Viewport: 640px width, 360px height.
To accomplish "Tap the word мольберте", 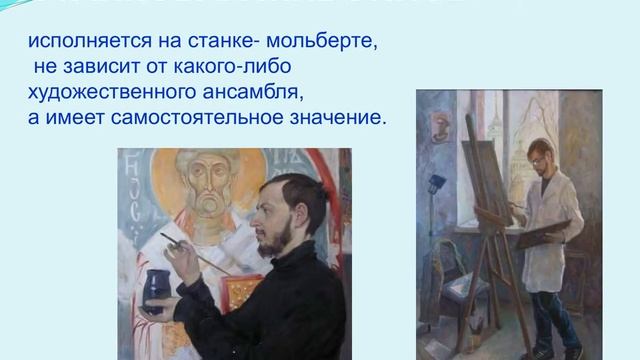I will (x=334, y=45).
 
